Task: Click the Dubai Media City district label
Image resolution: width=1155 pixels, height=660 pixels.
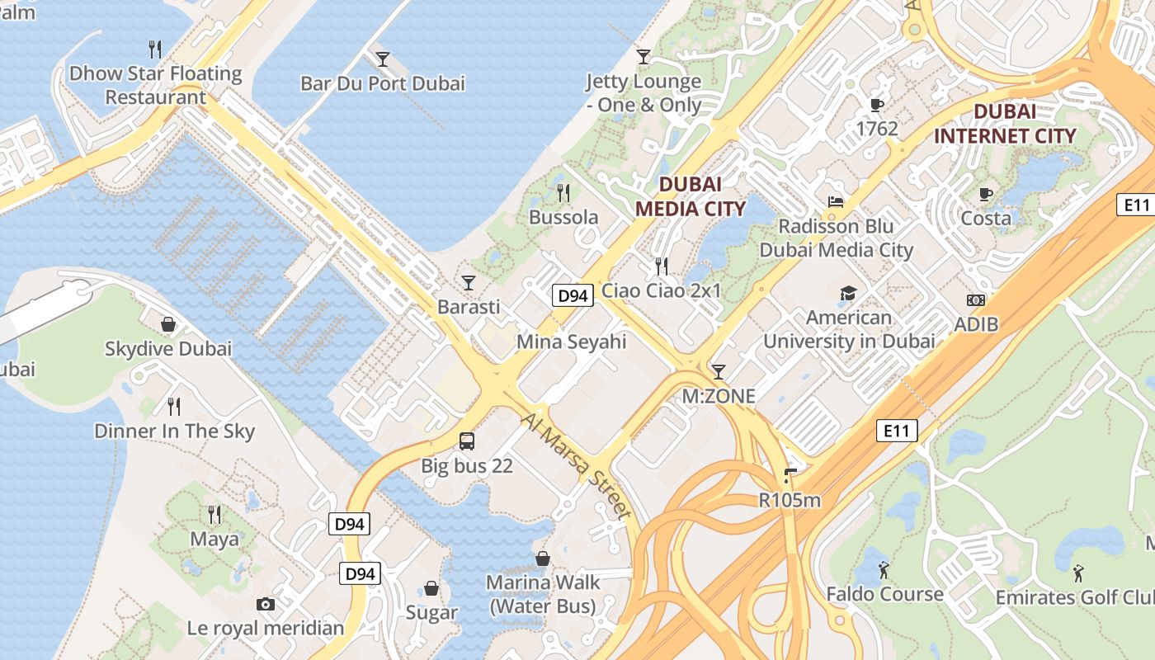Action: click(691, 196)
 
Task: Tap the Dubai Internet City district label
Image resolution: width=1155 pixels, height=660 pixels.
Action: click(1005, 124)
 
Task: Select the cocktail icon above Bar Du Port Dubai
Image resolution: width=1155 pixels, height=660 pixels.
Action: click(383, 59)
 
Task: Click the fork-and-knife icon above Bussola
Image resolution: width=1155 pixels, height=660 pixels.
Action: click(563, 193)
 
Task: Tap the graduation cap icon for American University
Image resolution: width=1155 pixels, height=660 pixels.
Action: click(848, 293)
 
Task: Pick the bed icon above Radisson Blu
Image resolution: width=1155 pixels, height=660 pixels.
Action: click(836, 202)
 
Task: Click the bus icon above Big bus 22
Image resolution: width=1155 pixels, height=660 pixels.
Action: click(467, 441)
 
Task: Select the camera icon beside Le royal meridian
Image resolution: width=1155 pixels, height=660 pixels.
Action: click(266, 604)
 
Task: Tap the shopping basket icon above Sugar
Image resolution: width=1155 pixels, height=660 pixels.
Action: click(431, 588)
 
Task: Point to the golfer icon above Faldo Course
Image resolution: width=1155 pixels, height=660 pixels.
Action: click(884, 569)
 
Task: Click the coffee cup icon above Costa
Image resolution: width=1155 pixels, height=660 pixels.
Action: click(985, 194)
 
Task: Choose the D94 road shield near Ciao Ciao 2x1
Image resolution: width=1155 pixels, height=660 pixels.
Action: click(573, 295)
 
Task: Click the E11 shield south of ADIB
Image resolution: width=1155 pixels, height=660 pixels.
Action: click(896, 430)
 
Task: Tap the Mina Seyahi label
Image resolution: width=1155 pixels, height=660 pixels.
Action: click(572, 342)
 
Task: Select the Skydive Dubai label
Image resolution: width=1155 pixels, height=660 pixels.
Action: click(168, 348)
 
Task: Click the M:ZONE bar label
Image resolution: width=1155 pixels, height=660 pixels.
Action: click(719, 396)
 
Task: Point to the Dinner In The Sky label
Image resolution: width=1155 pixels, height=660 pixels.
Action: click(174, 431)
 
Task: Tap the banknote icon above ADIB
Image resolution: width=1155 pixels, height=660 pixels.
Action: click(976, 300)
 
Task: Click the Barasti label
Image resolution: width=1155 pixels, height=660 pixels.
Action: click(469, 307)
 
